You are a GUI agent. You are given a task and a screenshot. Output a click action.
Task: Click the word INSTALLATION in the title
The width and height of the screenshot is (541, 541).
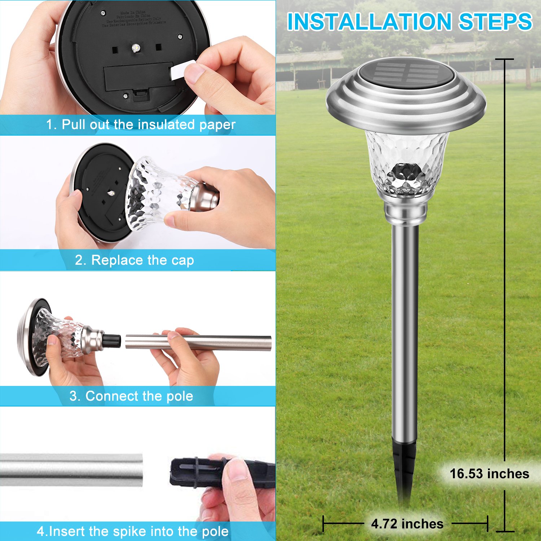coord(369,22)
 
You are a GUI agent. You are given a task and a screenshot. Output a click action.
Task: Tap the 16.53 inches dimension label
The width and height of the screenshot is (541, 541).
coord(489,474)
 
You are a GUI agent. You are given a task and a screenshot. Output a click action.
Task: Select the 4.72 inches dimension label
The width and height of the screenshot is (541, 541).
coord(407,524)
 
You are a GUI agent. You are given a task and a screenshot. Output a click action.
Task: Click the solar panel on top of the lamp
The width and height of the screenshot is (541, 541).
coord(406,73)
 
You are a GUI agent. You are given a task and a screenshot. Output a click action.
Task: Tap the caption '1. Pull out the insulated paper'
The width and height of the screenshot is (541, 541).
coord(141,125)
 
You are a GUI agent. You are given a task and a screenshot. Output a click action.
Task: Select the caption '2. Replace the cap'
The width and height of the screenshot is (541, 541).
coord(134,260)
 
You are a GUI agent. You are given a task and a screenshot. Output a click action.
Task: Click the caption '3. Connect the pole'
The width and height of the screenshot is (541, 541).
coord(131,396)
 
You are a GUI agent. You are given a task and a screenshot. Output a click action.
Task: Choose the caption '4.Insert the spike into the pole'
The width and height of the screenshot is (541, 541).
coord(133,531)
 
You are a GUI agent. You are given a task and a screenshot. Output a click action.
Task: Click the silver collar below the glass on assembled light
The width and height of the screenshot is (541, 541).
coord(406,213)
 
